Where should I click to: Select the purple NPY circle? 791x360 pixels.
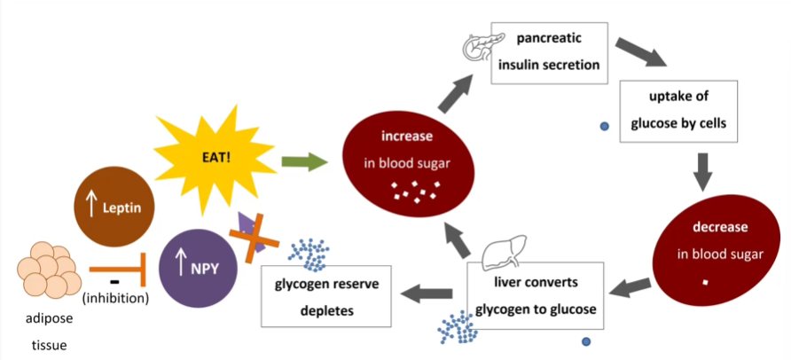pos(196,263)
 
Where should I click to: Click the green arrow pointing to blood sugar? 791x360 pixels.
pos(302,162)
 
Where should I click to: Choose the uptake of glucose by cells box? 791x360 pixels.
pos(678,111)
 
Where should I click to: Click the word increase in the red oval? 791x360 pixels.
pos(407,137)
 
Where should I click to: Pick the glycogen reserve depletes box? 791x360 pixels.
pos(325,295)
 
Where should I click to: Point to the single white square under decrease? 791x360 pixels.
pos(706,283)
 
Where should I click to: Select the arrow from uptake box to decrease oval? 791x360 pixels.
pos(703,171)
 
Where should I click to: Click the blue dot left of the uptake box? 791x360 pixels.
pos(604,127)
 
